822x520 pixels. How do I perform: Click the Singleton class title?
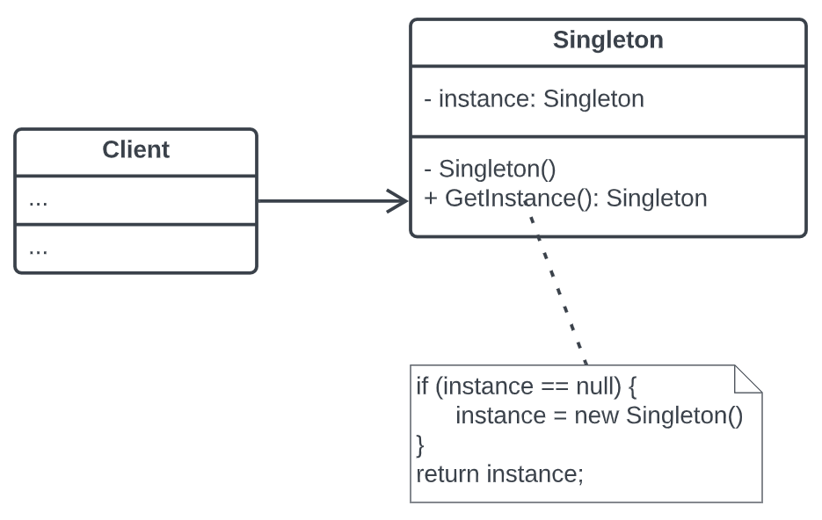(607, 40)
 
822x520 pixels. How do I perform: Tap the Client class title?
(135, 149)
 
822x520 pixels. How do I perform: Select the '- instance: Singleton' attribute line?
(534, 98)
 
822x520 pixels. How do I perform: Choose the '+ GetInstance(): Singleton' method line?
(565, 198)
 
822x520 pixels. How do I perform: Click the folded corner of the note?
(747, 379)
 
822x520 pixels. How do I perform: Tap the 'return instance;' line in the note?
(499, 474)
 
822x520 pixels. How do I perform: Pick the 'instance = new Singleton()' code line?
(599, 415)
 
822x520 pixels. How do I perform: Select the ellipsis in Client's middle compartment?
(38, 200)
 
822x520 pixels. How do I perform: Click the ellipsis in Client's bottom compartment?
(38, 249)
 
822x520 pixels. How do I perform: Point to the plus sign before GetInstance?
(431, 199)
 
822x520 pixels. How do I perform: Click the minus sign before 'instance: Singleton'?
(428, 99)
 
